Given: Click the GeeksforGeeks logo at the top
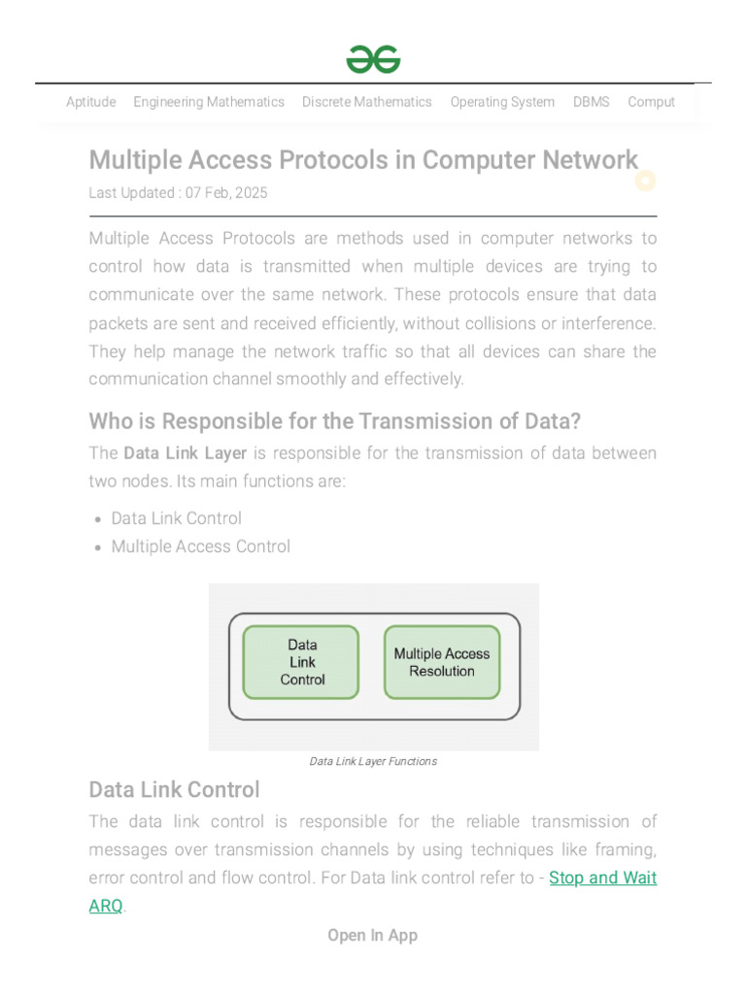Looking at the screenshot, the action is (373, 60).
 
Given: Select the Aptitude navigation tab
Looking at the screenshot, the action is (90, 102).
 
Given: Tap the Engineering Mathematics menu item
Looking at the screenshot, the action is (209, 102).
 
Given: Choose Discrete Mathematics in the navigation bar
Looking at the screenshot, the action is (366, 102).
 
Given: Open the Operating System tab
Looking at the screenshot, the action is (502, 102).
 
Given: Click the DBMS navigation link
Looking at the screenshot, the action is (591, 102).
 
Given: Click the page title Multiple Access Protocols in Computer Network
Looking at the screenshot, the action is (363, 160).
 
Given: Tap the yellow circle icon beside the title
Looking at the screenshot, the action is (645, 181).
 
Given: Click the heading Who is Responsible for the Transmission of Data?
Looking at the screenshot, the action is (335, 421).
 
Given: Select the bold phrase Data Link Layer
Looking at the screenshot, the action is (185, 453).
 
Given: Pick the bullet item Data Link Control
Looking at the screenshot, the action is (176, 518).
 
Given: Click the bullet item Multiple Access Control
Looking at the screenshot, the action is (200, 547).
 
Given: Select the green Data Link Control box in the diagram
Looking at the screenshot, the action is (301, 662).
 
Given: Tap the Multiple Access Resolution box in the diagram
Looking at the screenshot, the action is (442, 662).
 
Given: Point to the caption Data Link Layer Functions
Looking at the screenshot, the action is (373, 761).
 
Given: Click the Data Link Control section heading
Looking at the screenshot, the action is (174, 789).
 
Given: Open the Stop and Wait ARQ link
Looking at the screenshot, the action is (602, 878).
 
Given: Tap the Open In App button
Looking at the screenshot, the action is (373, 936).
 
